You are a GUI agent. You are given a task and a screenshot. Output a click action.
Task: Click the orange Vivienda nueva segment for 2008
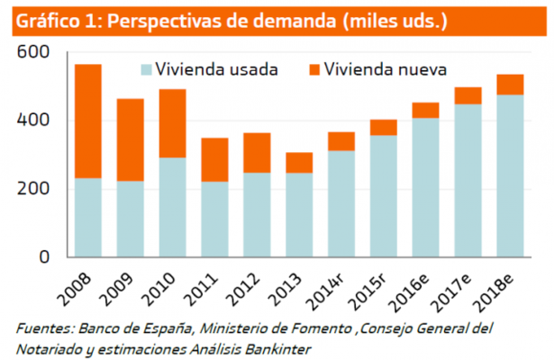click(x=87, y=121)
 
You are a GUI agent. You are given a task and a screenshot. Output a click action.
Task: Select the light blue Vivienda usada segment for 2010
click(x=172, y=207)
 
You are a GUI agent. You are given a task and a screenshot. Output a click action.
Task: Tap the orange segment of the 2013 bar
click(x=298, y=162)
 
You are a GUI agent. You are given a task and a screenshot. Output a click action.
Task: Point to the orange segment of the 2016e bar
click(x=425, y=110)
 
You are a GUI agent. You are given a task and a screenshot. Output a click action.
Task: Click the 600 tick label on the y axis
click(x=32, y=53)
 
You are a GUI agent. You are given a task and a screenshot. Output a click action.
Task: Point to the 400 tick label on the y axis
click(x=32, y=121)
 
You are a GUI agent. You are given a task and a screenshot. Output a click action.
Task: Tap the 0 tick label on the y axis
click(x=43, y=257)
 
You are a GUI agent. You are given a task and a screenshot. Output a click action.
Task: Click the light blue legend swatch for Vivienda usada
click(x=146, y=68)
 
